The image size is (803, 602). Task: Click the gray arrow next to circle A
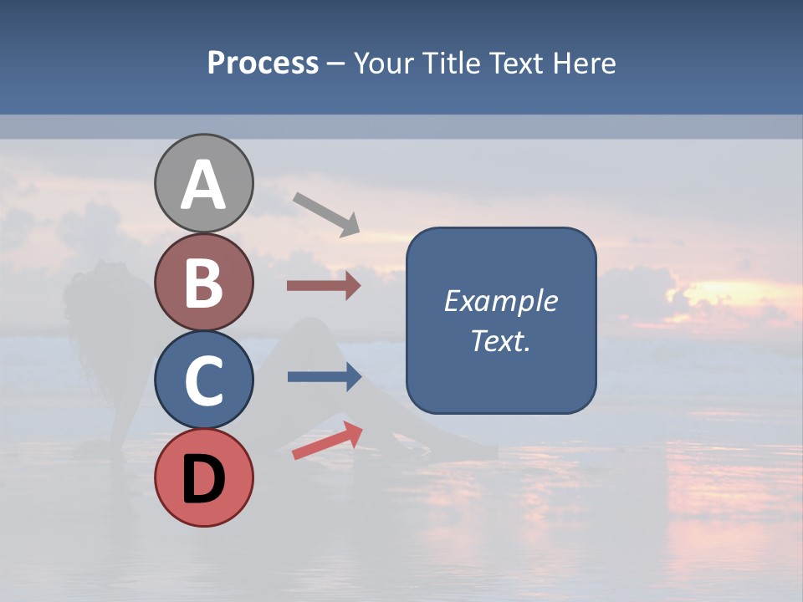pyautogui.click(x=326, y=213)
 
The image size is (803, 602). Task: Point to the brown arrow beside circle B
pyautogui.click(x=323, y=286)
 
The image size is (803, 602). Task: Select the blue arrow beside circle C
pyautogui.click(x=324, y=377)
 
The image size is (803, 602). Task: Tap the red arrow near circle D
pyautogui.click(x=327, y=441)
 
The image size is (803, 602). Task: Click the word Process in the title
pyautogui.click(x=263, y=64)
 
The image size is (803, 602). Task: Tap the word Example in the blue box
pyautogui.click(x=500, y=301)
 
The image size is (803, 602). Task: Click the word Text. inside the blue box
pyautogui.click(x=500, y=341)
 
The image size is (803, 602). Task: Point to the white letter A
pyautogui.click(x=203, y=185)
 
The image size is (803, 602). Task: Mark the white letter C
pyautogui.click(x=203, y=381)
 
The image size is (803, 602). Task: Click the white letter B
pyautogui.click(x=203, y=283)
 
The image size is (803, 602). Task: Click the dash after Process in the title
pyautogui.click(x=335, y=64)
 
